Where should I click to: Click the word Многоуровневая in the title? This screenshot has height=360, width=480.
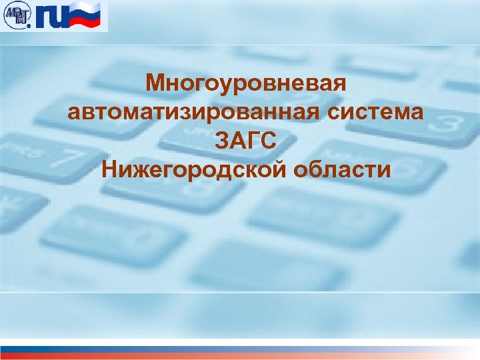pos(247,84)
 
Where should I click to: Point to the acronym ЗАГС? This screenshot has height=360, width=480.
pos(246,141)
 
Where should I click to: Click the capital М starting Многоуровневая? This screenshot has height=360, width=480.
pos(155,84)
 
